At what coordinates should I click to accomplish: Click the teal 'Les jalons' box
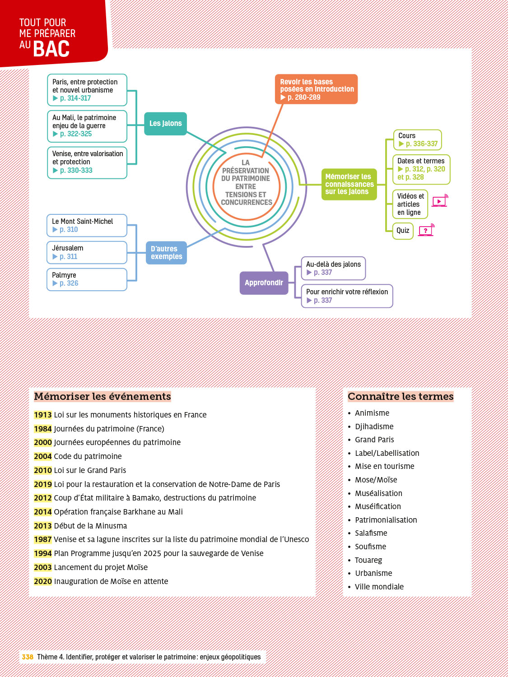click(x=165, y=124)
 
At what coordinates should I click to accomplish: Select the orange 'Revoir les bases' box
click(x=316, y=89)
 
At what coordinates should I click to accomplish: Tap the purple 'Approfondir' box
click(x=264, y=283)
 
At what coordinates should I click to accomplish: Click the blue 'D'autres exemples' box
click(x=166, y=253)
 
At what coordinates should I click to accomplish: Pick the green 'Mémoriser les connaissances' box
click(x=349, y=184)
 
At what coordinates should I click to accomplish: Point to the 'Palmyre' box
click(x=87, y=279)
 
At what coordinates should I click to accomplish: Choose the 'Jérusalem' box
click(x=87, y=252)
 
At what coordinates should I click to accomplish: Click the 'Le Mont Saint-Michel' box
click(x=87, y=226)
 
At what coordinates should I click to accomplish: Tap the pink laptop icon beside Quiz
click(x=426, y=230)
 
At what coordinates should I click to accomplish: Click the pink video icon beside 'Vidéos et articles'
click(x=439, y=201)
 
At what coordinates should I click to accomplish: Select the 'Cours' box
click(x=418, y=140)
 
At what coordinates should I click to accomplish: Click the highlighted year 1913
click(x=43, y=415)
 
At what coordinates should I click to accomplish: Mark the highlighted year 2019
click(x=43, y=484)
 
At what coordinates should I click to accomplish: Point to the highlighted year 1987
click(x=43, y=539)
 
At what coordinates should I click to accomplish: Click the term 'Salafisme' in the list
click(x=371, y=533)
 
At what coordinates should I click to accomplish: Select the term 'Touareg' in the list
click(x=368, y=560)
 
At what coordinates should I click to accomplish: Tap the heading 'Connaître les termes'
click(x=401, y=397)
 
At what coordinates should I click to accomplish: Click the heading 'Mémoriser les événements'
click(x=103, y=397)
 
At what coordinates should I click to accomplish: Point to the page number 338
click(x=28, y=657)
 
